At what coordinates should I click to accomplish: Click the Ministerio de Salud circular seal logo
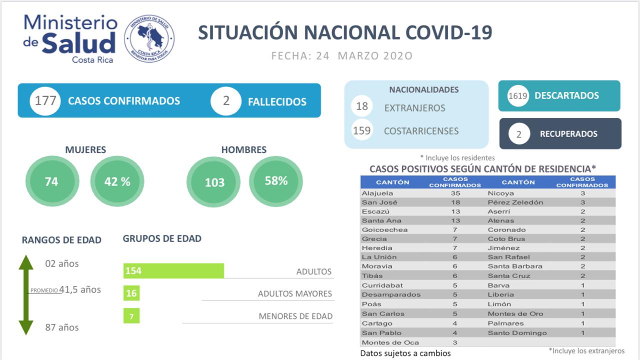pos(149,38)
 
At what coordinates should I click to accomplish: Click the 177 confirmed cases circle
pos(45,101)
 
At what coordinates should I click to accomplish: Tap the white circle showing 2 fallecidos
pos(226,101)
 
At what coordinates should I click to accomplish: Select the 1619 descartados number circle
pos(518,95)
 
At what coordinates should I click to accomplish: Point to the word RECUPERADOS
pos(568,134)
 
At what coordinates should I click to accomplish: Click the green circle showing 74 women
pos(51,181)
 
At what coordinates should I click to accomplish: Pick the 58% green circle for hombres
pos(276,181)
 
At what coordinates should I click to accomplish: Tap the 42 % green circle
pos(117,181)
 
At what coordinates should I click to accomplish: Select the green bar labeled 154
pos(173,270)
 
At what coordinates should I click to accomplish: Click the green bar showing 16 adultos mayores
pos(131,293)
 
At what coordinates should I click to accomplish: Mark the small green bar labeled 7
pos(131,316)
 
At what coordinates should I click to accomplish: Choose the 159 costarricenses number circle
pos(362,130)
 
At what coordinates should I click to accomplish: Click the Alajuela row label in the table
pos(377,193)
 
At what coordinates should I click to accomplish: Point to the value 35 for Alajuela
pos(455,193)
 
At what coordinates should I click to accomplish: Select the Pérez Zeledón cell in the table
pos(515,202)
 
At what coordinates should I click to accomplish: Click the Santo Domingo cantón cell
pos(517,333)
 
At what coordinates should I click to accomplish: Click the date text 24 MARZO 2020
pos(364,55)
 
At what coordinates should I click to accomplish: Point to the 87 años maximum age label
pos(62,327)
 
